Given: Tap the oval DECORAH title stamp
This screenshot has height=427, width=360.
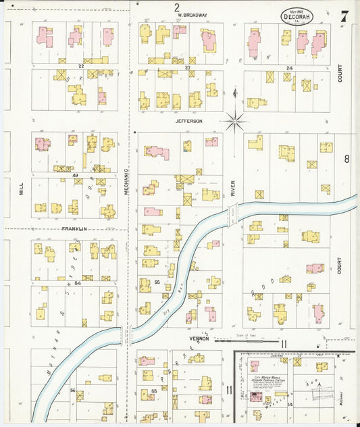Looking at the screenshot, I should point(297,16).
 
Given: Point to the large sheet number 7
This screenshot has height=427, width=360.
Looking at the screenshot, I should point(344,17).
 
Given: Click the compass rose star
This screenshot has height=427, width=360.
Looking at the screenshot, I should point(236,122).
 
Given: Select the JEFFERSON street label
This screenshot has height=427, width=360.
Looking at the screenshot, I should point(189,121).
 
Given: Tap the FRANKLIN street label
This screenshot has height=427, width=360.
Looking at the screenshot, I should point(74,229).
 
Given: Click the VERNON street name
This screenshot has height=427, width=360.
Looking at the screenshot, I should point(199,338).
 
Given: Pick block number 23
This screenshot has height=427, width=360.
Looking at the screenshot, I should point(187,68).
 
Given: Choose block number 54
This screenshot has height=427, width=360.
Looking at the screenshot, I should point(78,284).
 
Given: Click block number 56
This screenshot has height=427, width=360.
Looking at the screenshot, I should point(72,391).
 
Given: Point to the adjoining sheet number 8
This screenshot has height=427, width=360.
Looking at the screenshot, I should point(346,159).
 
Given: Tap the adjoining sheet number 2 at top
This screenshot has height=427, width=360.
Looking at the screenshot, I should point(177,7).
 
